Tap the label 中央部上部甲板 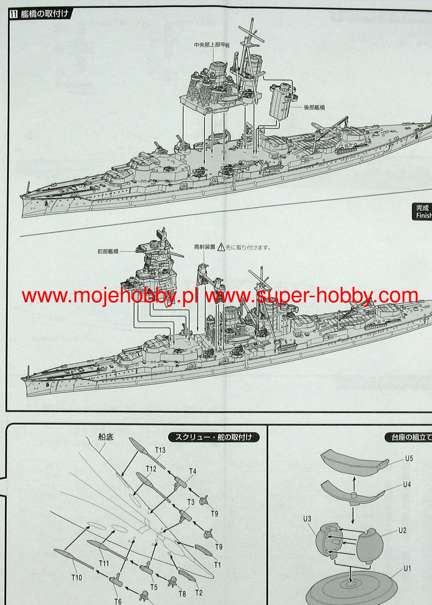click(x=212, y=45)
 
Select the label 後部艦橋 click(x=314, y=107)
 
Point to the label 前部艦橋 click(x=108, y=251)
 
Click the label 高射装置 click(x=204, y=247)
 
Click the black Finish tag click(x=423, y=212)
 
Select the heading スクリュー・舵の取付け click(x=214, y=437)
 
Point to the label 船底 click(x=106, y=437)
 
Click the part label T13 click(x=160, y=450)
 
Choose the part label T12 click(x=151, y=469)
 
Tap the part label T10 click(x=77, y=578)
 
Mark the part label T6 click(x=118, y=601)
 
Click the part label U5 click(x=409, y=459)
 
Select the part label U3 click(x=307, y=519)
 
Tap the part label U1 click(x=407, y=569)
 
